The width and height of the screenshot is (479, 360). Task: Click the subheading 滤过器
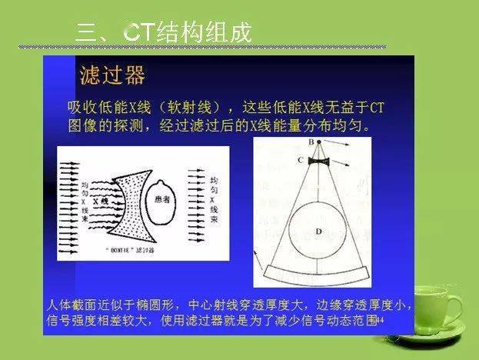[112, 75]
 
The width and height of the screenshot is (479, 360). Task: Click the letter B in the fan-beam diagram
[311, 143]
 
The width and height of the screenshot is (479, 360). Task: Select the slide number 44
[379, 318]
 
